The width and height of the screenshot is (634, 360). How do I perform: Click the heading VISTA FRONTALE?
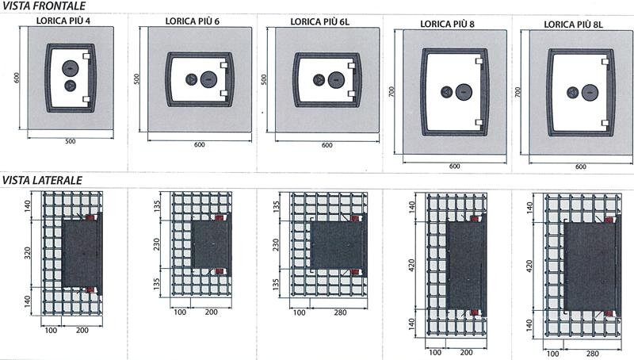[x=44, y=6]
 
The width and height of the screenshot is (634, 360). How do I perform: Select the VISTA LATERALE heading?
[x=42, y=181]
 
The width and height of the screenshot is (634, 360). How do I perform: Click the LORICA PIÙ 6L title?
[x=320, y=22]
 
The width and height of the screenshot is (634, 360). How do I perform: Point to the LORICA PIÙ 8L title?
[x=573, y=25]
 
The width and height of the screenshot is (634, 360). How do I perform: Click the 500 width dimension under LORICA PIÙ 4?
[x=71, y=142]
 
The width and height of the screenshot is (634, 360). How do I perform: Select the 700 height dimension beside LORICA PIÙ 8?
[x=391, y=92]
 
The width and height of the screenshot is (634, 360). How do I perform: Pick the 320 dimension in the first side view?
[x=28, y=253]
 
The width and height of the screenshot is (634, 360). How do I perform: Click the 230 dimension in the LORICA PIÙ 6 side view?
[x=157, y=244]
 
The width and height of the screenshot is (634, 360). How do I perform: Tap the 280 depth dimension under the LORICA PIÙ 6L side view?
[x=341, y=312]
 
